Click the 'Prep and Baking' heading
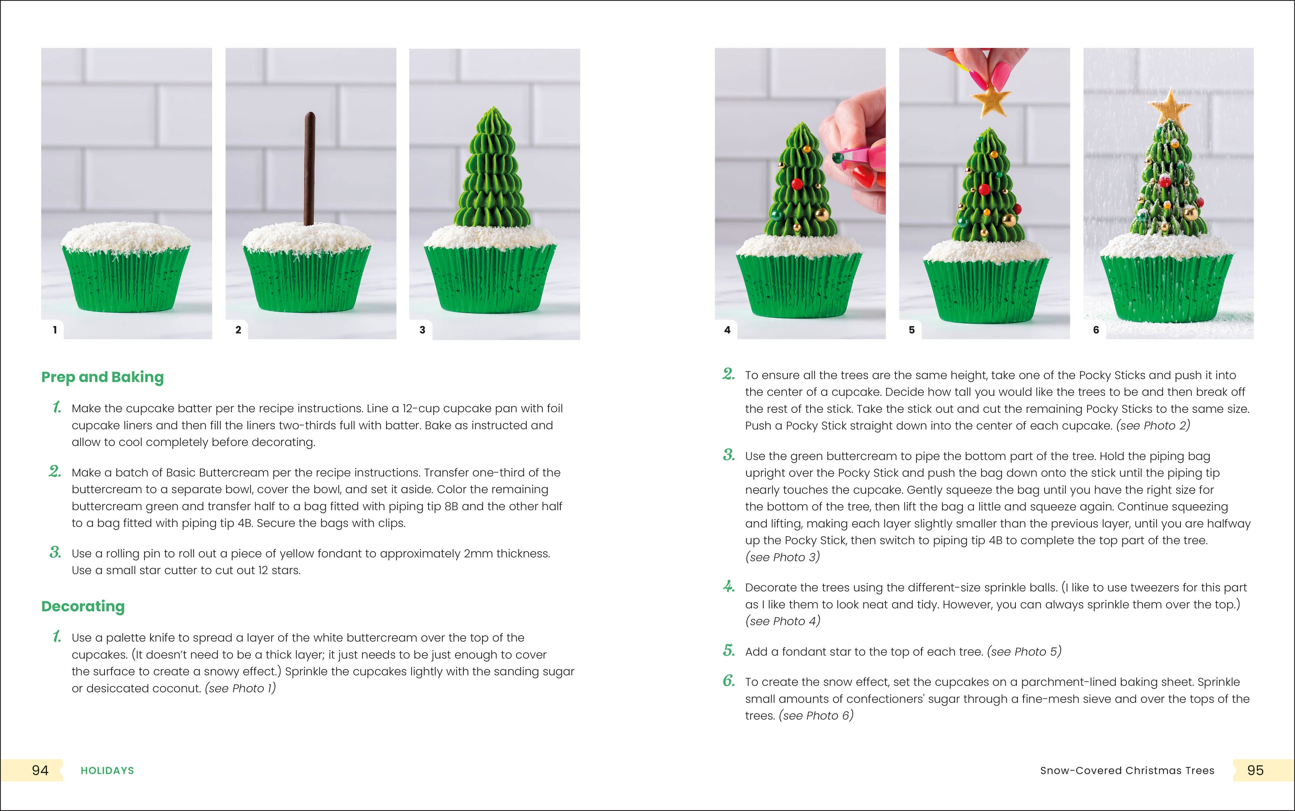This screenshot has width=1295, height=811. point(103,377)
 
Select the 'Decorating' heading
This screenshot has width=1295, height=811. point(83,606)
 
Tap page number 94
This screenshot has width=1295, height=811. point(40,770)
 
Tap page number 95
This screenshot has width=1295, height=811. point(1255,770)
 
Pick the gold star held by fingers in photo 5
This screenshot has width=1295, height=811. point(988,103)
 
